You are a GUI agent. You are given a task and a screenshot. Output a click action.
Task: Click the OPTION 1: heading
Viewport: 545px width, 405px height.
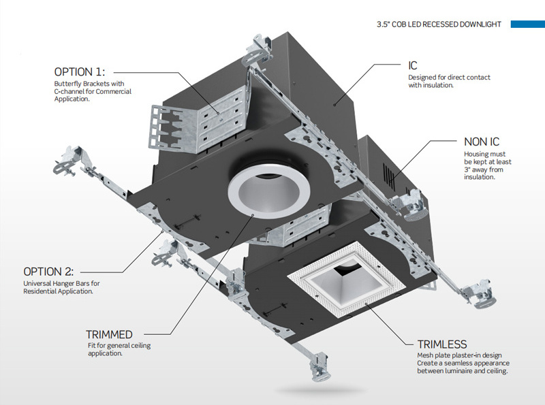84,71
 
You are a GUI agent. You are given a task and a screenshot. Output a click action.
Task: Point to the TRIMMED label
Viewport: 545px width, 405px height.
109,334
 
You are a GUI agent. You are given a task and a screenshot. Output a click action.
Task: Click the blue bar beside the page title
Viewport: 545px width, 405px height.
527,25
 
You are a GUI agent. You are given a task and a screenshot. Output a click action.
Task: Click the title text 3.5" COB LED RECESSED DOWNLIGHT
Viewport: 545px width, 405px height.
439,25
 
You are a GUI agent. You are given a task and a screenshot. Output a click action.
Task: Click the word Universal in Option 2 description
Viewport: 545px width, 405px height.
38,283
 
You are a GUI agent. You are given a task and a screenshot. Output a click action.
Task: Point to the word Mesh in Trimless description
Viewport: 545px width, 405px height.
424,355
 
